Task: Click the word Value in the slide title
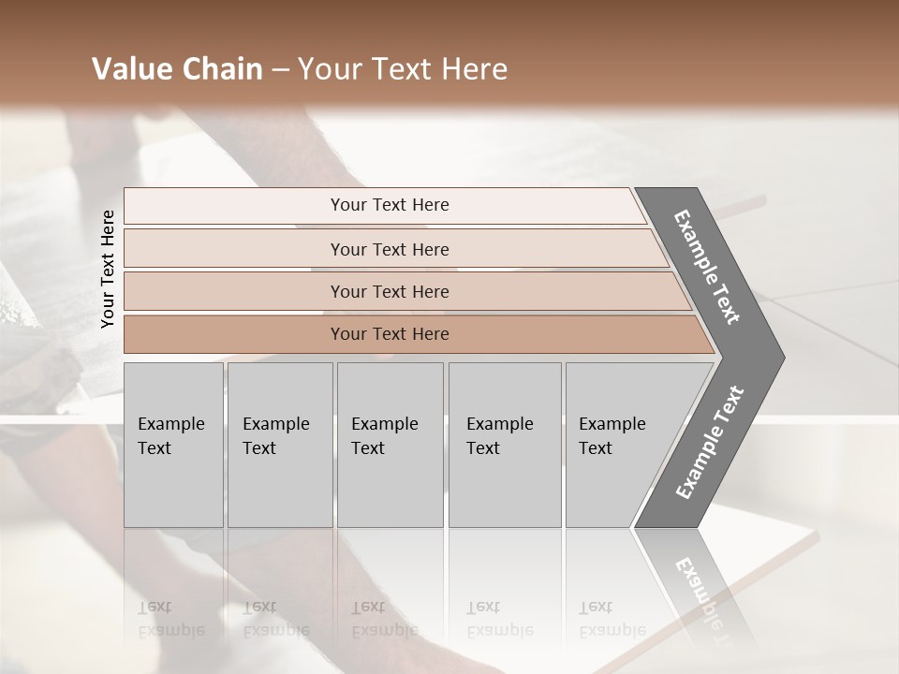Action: tap(128, 69)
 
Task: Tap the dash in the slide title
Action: tap(280, 70)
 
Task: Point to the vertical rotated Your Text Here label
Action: tap(108, 269)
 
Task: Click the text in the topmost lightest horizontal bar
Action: tap(390, 205)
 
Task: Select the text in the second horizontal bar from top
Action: tap(390, 250)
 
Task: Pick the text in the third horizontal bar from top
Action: tap(390, 292)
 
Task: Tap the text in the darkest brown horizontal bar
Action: tap(390, 334)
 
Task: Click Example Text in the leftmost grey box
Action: tap(170, 436)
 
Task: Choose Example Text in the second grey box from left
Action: tap(275, 436)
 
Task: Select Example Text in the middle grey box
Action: tap(384, 436)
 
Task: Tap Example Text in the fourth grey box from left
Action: tap(499, 436)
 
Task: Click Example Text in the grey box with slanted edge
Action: tap(612, 436)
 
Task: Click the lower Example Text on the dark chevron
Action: tap(710, 443)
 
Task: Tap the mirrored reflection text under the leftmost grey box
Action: tap(170, 619)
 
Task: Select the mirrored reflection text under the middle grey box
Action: tap(384, 619)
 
